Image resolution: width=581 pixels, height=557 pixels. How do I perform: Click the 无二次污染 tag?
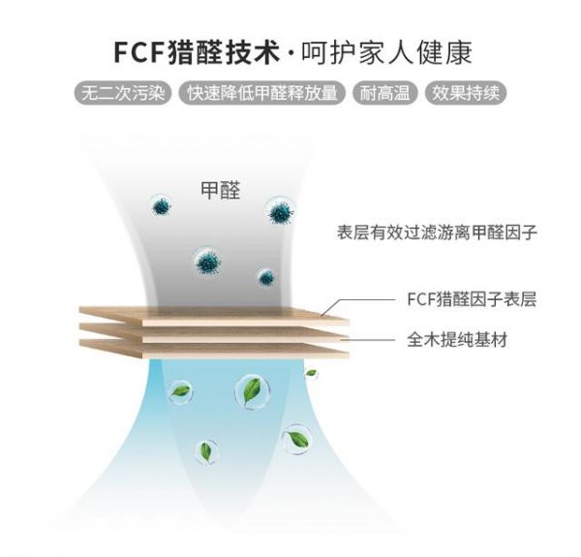123,94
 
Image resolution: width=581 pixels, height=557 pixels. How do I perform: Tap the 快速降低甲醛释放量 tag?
263,94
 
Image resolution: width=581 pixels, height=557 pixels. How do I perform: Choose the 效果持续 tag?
469,94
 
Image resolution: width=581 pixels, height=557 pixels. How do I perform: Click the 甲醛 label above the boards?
221,188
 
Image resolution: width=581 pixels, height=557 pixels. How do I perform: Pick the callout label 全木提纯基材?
457,340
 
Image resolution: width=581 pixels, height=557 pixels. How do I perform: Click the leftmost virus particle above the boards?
159,205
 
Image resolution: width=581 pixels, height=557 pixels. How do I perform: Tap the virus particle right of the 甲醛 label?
282,211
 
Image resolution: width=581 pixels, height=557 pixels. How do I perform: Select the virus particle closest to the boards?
265,278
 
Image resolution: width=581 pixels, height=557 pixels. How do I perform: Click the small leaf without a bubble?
311,373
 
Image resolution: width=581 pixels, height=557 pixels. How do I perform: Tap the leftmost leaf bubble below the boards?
179,390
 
